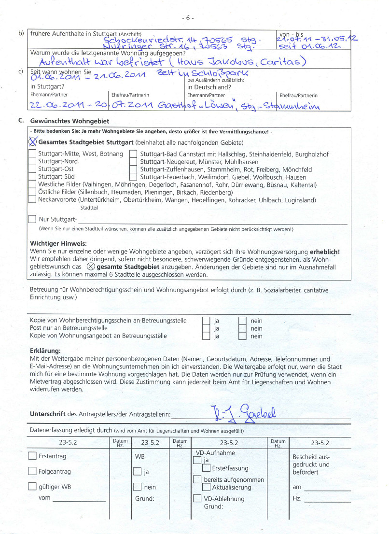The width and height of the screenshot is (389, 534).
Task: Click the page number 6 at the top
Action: (x=188, y=18)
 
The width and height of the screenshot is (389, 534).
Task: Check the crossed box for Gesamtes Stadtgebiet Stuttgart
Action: (x=33, y=142)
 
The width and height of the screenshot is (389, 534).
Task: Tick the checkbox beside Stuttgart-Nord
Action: (x=32, y=161)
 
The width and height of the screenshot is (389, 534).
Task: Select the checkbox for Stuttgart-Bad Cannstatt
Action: (x=134, y=154)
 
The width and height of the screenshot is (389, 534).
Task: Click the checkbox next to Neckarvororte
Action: (x=32, y=199)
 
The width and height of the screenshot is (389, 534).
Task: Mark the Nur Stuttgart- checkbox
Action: (x=32, y=219)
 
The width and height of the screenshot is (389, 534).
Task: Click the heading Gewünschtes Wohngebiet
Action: (x=69, y=121)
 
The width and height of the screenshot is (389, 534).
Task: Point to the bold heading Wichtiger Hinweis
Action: (x=58, y=244)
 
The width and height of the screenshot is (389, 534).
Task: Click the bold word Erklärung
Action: (x=45, y=351)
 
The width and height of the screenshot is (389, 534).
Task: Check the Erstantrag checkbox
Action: (x=32, y=456)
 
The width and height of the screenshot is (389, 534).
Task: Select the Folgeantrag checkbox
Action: (x=32, y=471)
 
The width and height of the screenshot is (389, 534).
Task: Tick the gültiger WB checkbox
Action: (x=32, y=487)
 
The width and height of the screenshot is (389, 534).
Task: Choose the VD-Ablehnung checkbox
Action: (x=197, y=498)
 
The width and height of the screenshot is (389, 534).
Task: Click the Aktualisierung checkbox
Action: (x=206, y=487)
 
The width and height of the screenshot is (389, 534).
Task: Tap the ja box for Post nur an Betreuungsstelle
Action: (x=206, y=328)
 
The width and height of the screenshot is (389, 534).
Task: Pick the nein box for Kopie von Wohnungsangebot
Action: (x=242, y=336)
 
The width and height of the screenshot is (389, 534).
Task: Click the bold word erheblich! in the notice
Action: (x=324, y=252)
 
